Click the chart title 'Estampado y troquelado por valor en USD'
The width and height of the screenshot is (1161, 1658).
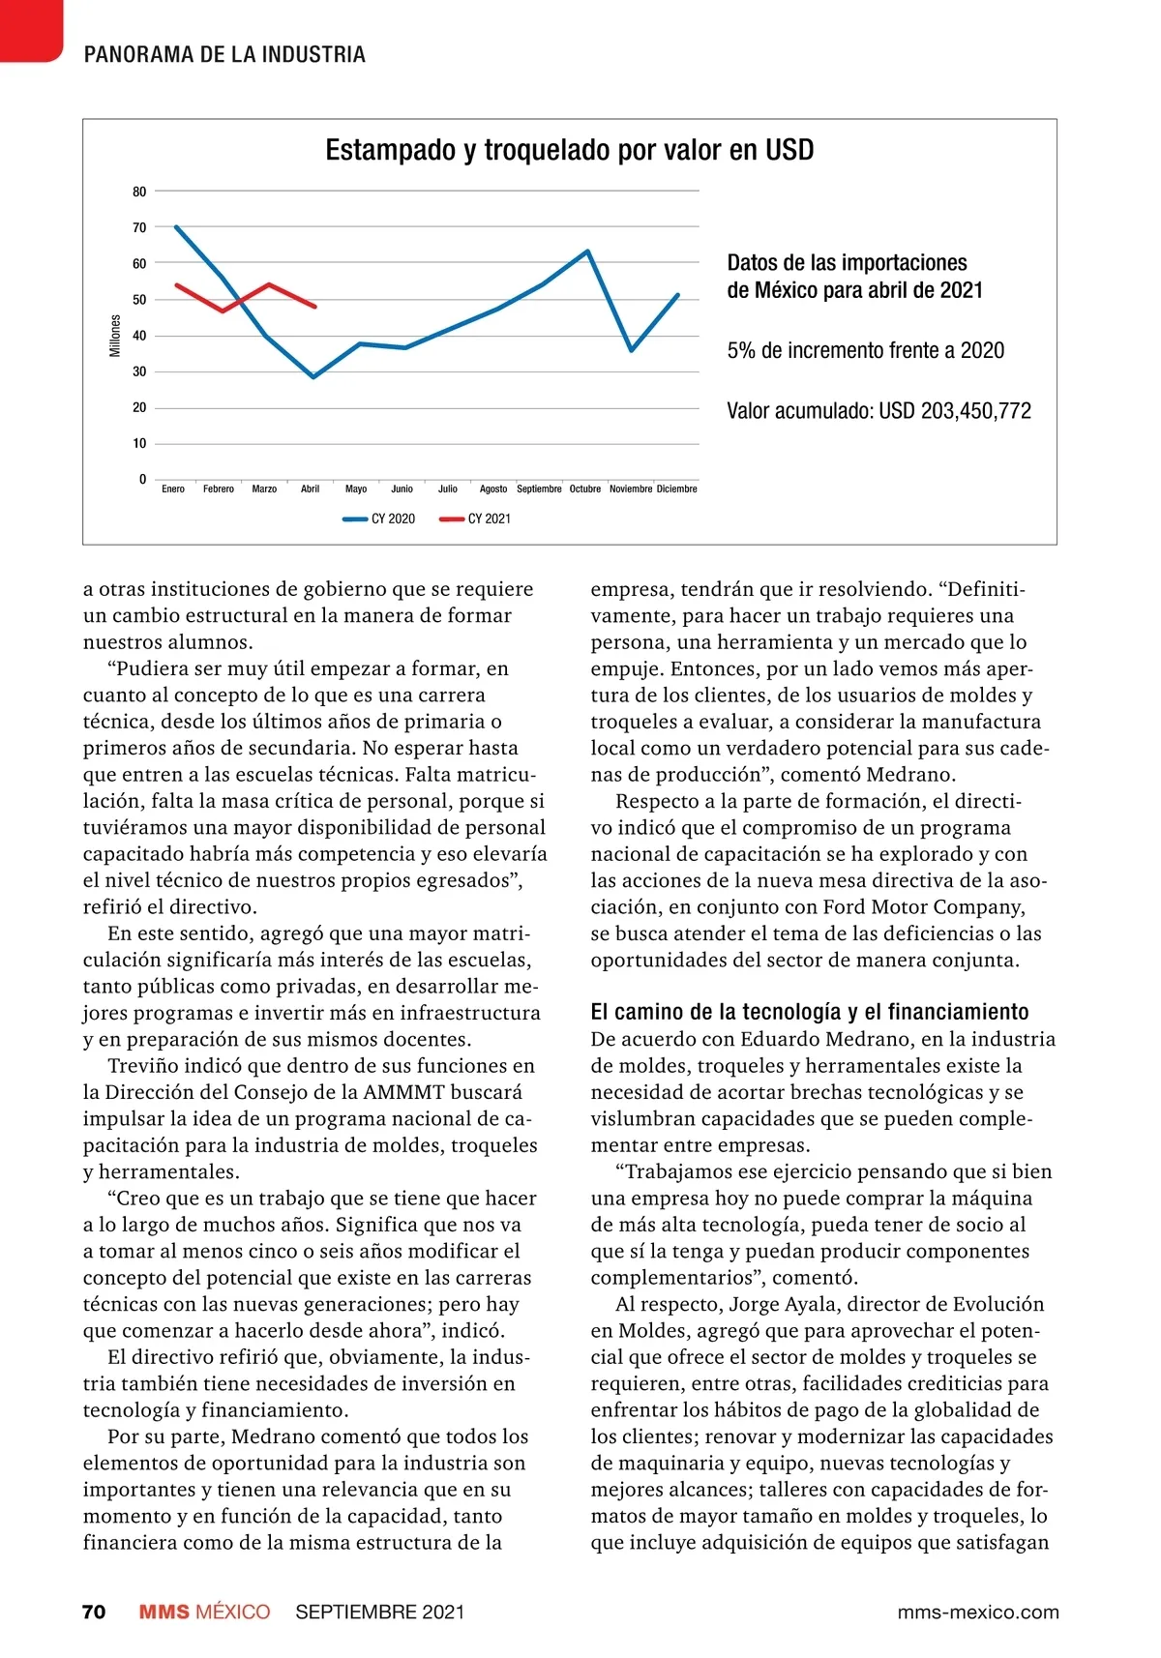coord(569,150)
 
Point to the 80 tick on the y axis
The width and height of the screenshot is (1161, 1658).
coord(139,192)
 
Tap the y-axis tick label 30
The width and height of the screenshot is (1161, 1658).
coord(139,371)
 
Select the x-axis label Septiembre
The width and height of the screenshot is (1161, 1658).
coord(539,489)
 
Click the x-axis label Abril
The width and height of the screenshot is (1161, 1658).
coord(310,489)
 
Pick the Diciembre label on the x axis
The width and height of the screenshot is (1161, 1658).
coord(676,489)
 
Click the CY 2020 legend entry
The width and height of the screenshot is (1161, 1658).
coord(380,519)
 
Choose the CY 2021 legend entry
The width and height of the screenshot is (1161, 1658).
coord(476,519)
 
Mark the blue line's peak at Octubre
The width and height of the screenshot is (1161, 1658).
coord(587,252)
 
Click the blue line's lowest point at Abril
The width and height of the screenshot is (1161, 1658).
coord(313,376)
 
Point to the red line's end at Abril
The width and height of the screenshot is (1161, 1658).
coord(314,307)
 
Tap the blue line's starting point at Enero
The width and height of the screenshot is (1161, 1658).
coord(175,226)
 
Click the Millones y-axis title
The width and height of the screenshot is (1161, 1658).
coord(115,336)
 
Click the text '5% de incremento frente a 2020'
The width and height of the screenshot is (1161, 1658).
coord(865,350)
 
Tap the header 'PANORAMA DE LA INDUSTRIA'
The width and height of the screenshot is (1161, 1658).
coord(224,54)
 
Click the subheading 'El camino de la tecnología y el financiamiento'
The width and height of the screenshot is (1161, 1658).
coord(809,1012)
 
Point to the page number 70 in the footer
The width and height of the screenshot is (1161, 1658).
coord(94,1612)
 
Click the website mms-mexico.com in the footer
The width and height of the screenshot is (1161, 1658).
coord(977,1612)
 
